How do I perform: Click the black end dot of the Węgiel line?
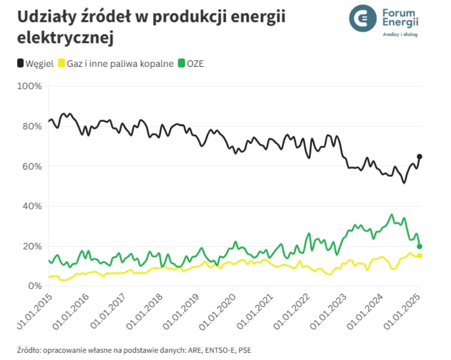[x=420, y=157]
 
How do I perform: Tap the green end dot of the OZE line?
[x=420, y=246]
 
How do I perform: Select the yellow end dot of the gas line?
[x=420, y=256]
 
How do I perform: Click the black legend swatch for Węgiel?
[x=20, y=64]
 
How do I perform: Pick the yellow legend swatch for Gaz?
[x=61, y=64]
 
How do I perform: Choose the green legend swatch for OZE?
[x=181, y=64]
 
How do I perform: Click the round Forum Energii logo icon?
[x=363, y=18]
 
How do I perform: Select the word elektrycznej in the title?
[x=65, y=37]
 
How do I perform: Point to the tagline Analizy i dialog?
[x=400, y=34]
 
